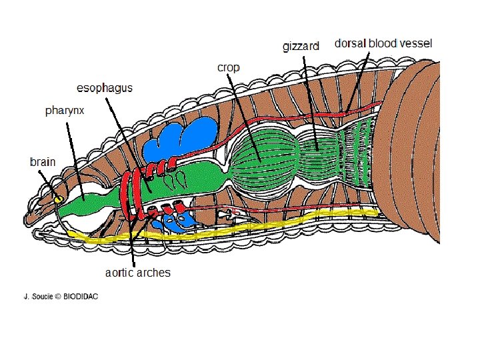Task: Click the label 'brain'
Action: pos(43,161)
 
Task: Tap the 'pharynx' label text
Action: pos(65,111)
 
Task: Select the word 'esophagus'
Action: pos(105,88)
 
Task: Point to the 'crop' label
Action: pos(229,67)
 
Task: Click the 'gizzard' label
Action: pos(301,46)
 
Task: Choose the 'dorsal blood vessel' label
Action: pos(383,43)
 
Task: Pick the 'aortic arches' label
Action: pos(138,272)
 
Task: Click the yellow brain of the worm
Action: pos(58,199)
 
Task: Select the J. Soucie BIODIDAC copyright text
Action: pos(61,297)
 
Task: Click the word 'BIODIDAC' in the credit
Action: pos(81,297)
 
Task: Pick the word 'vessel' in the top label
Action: pos(415,43)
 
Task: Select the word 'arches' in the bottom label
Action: pos(154,272)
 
